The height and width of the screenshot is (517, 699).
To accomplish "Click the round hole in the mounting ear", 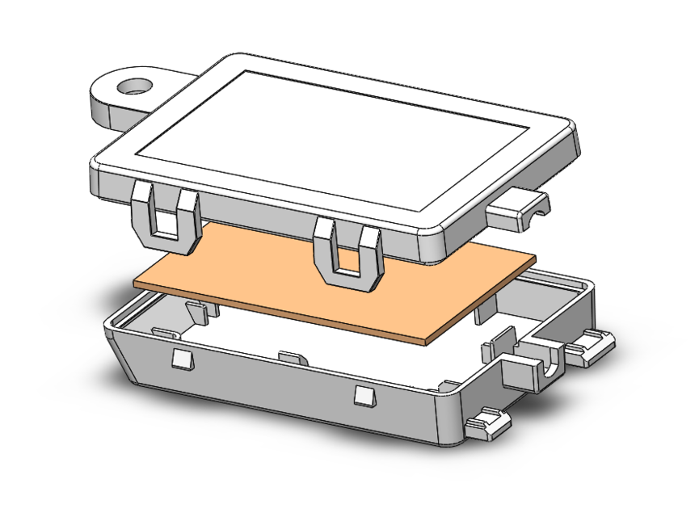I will [134, 85].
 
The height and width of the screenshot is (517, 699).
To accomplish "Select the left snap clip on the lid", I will [165, 216].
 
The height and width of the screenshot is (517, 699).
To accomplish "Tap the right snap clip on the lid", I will [347, 254].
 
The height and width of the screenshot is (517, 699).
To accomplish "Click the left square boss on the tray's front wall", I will [181, 359].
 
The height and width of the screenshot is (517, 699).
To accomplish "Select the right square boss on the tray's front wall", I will [364, 395].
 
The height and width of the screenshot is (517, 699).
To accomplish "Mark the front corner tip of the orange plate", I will [425, 342].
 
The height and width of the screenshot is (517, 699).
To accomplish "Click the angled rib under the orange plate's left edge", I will [198, 311].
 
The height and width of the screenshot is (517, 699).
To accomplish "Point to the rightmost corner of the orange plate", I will [535, 258].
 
